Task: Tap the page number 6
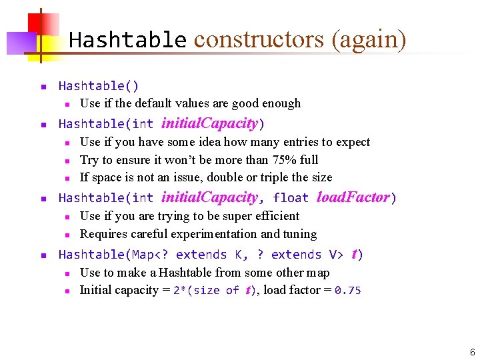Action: (472, 352)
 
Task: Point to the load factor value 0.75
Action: (347, 291)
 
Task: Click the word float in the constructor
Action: (291, 198)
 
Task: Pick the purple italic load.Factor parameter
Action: (353, 197)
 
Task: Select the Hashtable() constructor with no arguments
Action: (99, 86)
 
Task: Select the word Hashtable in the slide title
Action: (127, 40)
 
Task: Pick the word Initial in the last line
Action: (97, 290)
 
